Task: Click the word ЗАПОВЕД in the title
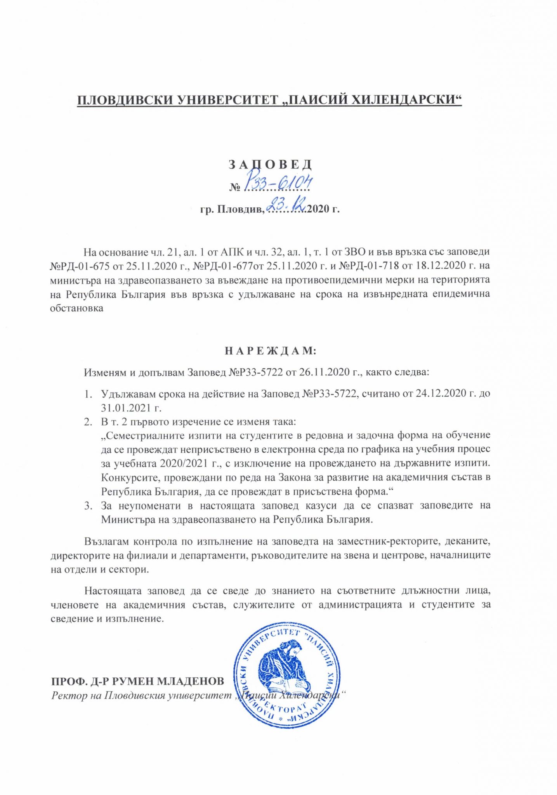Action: click(270, 165)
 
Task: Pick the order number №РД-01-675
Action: click(80, 266)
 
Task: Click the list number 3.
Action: click(88, 506)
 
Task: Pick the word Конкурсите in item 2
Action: click(128, 477)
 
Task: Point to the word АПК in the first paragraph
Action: click(231, 252)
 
